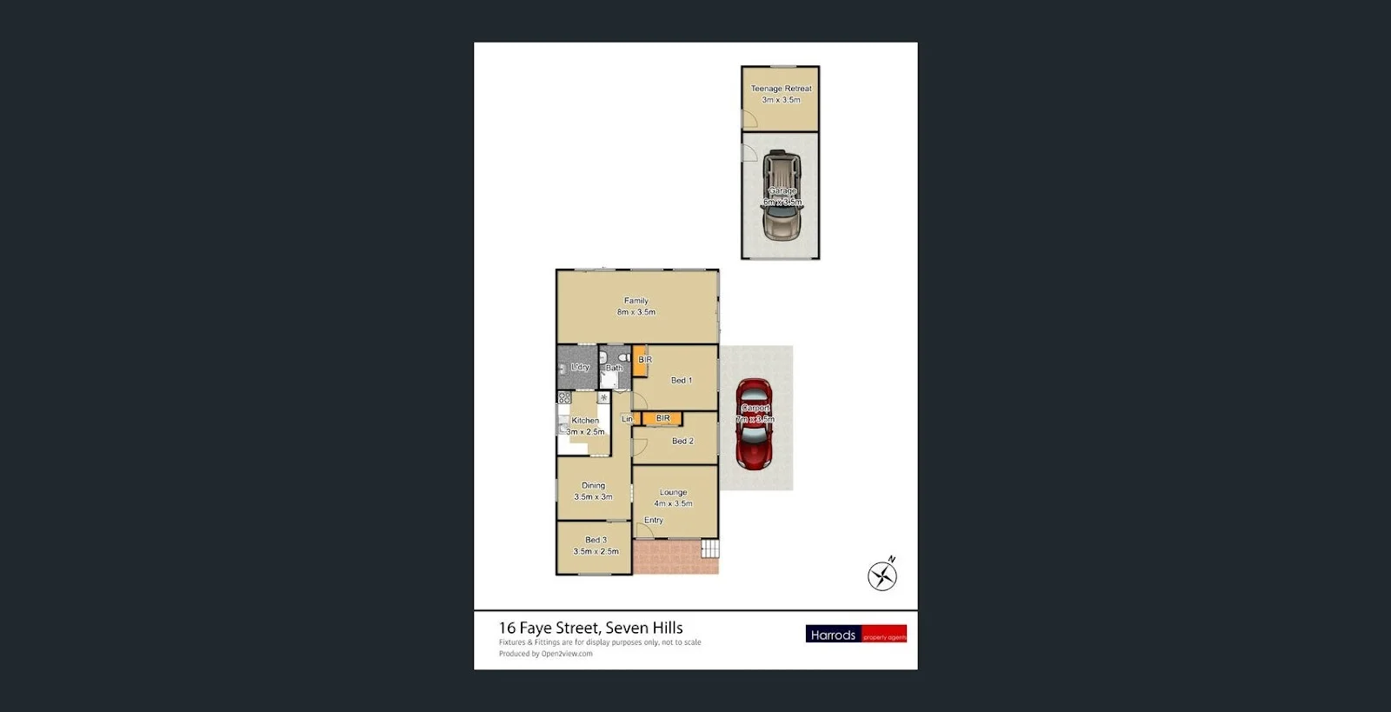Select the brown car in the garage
pos(782,196)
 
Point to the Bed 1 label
pos(682,380)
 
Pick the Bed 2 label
pos(682,441)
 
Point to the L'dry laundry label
pos(580,367)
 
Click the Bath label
pos(614,368)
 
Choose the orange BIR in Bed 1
pos(641,361)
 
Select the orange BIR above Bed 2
pos(662,418)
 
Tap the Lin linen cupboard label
pos(627,419)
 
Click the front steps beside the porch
pos(711,548)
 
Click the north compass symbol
pos(882,575)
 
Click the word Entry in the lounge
pos(654,520)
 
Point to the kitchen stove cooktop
pos(564,397)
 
